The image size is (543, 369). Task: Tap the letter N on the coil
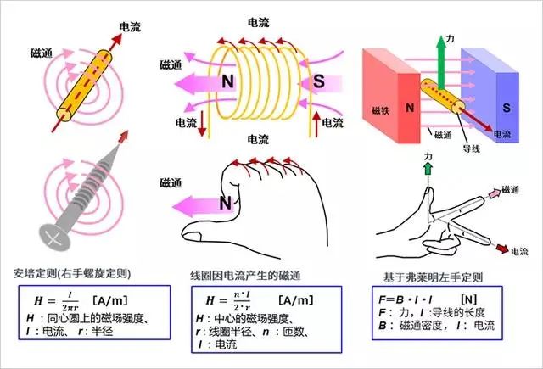click(227, 83)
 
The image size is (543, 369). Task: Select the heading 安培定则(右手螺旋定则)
click(71, 275)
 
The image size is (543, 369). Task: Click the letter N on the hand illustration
click(226, 203)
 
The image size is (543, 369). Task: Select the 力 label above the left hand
click(428, 158)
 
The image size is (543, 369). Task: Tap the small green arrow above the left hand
click(427, 171)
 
